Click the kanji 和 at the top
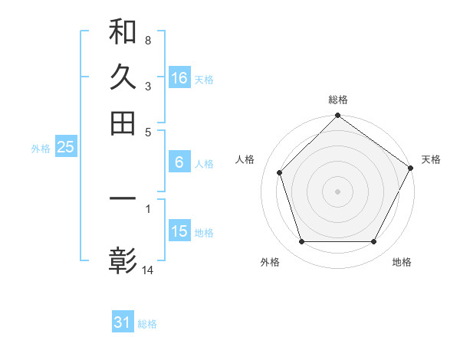click(123, 33)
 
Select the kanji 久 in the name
click(123, 77)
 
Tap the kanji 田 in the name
click(123, 123)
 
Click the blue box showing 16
click(179, 78)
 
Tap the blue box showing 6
click(179, 162)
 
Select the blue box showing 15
click(179, 231)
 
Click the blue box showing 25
click(65, 148)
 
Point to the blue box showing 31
click(123, 322)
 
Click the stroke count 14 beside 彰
click(148, 270)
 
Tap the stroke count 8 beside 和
click(147, 39)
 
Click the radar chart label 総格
click(338, 100)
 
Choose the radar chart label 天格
click(431, 159)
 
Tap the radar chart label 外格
click(270, 262)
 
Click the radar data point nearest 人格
click(280, 172)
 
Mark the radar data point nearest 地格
click(374, 242)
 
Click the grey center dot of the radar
click(337, 191)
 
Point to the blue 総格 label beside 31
click(147, 324)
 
